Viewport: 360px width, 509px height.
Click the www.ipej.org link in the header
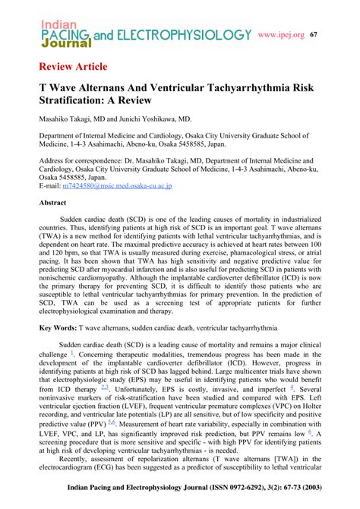281,35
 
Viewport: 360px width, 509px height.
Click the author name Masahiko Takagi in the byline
69,120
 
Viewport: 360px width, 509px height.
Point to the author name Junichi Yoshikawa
151,120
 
